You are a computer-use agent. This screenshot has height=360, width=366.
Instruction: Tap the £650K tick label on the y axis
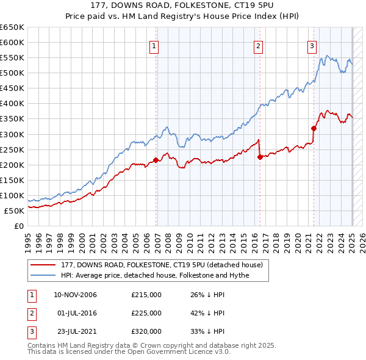click(12, 27)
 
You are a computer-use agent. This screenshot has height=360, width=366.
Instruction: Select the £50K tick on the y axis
click(15, 211)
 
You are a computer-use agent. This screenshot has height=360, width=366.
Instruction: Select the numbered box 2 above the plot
click(258, 45)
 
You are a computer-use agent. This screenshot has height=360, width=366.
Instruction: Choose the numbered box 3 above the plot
click(312, 45)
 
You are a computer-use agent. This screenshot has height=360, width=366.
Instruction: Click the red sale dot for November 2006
click(156, 160)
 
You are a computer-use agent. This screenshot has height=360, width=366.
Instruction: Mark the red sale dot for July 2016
click(260, 157)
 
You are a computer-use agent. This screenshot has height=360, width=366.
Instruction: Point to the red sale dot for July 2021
click(314, 128)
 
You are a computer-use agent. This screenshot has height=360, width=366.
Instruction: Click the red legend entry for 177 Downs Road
click(162, 265)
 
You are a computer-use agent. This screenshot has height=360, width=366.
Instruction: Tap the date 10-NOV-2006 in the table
click(75, 295)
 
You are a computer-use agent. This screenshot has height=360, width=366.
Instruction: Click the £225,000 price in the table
click(146, 313)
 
